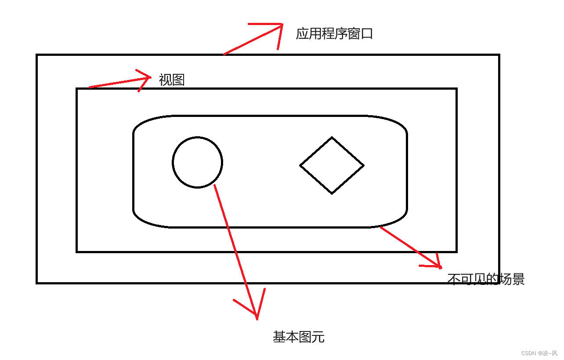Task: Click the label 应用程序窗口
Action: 334,34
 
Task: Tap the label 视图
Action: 172,80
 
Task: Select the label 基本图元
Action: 299,337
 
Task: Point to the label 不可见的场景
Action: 486,279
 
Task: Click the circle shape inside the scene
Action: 197,162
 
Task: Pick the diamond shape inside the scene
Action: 332,165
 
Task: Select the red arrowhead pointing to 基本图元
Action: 256,315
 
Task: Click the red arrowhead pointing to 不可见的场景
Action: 439,266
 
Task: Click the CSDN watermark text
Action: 539,353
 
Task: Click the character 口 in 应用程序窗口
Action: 367,34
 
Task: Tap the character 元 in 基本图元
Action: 318,337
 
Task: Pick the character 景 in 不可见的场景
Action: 518,279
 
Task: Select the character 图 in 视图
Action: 178,80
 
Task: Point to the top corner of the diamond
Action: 332,138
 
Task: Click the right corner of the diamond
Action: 363,165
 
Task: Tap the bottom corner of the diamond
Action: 332,193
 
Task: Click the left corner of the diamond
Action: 300,165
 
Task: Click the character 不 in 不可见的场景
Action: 454,279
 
